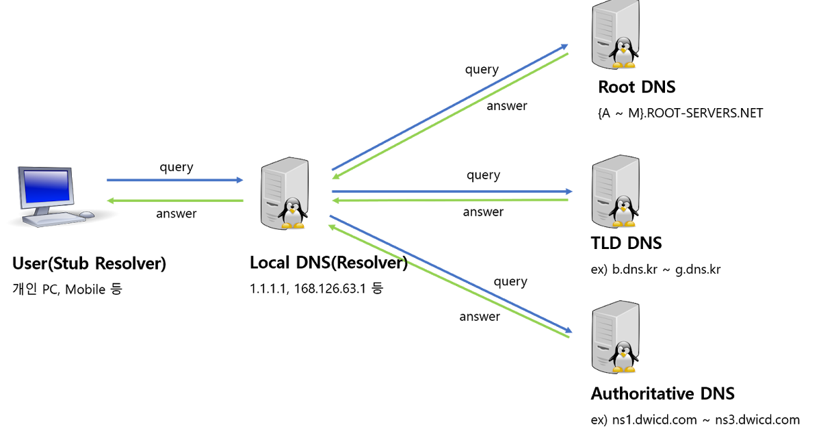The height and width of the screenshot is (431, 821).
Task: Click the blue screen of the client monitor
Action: click(x=47, y=186)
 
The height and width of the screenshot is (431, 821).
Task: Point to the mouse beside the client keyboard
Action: click(x=87, y=215)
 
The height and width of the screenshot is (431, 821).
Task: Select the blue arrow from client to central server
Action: click(x=174, y=181)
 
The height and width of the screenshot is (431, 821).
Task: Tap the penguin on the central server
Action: click(x=293, y=213)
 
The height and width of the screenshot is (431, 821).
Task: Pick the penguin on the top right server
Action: click(x=623, y=53)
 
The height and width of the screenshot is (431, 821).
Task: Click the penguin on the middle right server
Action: click(x=623, y=211)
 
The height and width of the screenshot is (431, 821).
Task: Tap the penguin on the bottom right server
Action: click(x=623, y=357)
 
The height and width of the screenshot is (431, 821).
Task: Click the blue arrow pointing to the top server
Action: click(x=449, y=107)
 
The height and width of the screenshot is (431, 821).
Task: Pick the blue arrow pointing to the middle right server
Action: click(x=452, y=192)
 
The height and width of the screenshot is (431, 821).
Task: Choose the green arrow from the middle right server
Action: click(x=452, y=200)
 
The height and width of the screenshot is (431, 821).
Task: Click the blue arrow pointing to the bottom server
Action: click(x=452, y=274)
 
